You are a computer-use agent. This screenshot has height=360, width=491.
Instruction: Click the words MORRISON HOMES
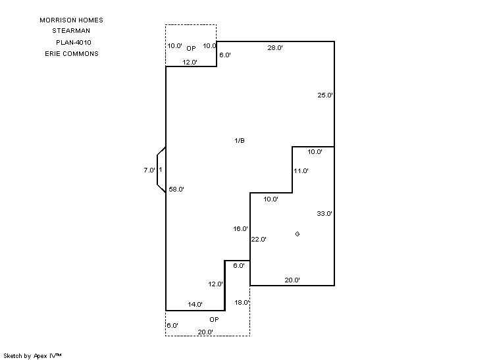tap(71, 20)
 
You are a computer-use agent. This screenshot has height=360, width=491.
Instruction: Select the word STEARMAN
tap(71, 31)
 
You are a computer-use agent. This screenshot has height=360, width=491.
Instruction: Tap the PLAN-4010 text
tap(74, 43)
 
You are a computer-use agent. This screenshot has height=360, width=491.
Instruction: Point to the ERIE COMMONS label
tap(67, 54)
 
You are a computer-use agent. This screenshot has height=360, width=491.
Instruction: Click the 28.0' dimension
tap(275, 48)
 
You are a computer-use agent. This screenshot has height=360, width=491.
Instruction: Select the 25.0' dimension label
tap(325, 95)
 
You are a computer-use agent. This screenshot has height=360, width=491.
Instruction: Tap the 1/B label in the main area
tap(240, 141)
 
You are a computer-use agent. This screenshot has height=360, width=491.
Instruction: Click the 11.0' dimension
tap(301, 171)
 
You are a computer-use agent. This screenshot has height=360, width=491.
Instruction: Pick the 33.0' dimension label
tap(324, 214)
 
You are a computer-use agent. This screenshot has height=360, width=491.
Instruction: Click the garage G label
tap(297, 234)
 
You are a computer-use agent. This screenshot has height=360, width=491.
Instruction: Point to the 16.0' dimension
tap(240, 229)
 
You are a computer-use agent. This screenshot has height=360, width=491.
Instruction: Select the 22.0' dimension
tap(259, 240)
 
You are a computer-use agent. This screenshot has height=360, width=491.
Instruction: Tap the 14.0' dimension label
tap(195, 305)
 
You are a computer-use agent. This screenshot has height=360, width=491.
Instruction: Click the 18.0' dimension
tap(242, 303)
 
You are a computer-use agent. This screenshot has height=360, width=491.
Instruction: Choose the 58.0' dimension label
tap(176, 190)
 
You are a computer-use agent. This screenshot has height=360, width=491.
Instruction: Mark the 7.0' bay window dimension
tap(149, 170)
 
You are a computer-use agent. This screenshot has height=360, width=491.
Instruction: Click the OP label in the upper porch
tap(191, 48)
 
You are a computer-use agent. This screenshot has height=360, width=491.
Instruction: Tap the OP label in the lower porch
tap(214, 320)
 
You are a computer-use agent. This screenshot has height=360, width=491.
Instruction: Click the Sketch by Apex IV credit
tap(32, 355)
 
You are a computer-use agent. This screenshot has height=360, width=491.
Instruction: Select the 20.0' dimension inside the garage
tap(292, 280)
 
